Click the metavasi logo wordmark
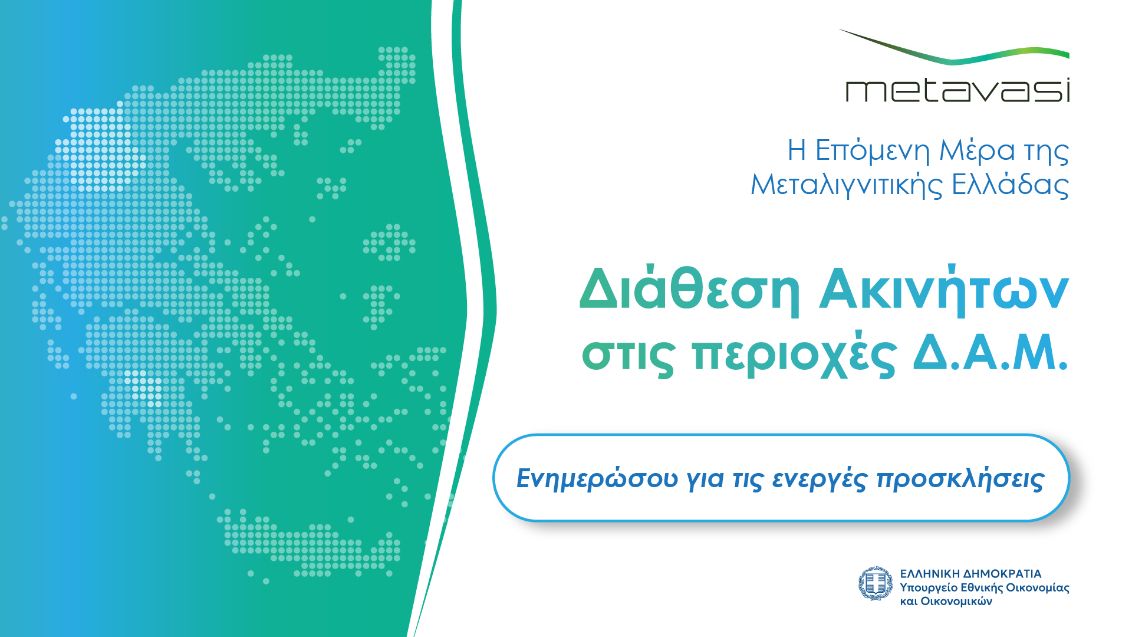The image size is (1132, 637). (x=957, y=91)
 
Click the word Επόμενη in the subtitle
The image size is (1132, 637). (x=872, y=152)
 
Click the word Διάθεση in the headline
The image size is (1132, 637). (x=690, y=290)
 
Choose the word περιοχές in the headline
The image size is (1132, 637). (x=795, y=356)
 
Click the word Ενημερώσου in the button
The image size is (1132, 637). (x=597, y=478)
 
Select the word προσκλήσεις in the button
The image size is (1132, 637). (x=960, y=478)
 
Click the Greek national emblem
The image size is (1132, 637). (x=876, y=583)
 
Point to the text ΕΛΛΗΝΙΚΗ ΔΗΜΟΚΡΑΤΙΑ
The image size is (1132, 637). (x=970, y=574)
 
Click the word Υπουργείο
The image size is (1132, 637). (x=929, y=588)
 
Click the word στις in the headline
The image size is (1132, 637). (x=628, y=356)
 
